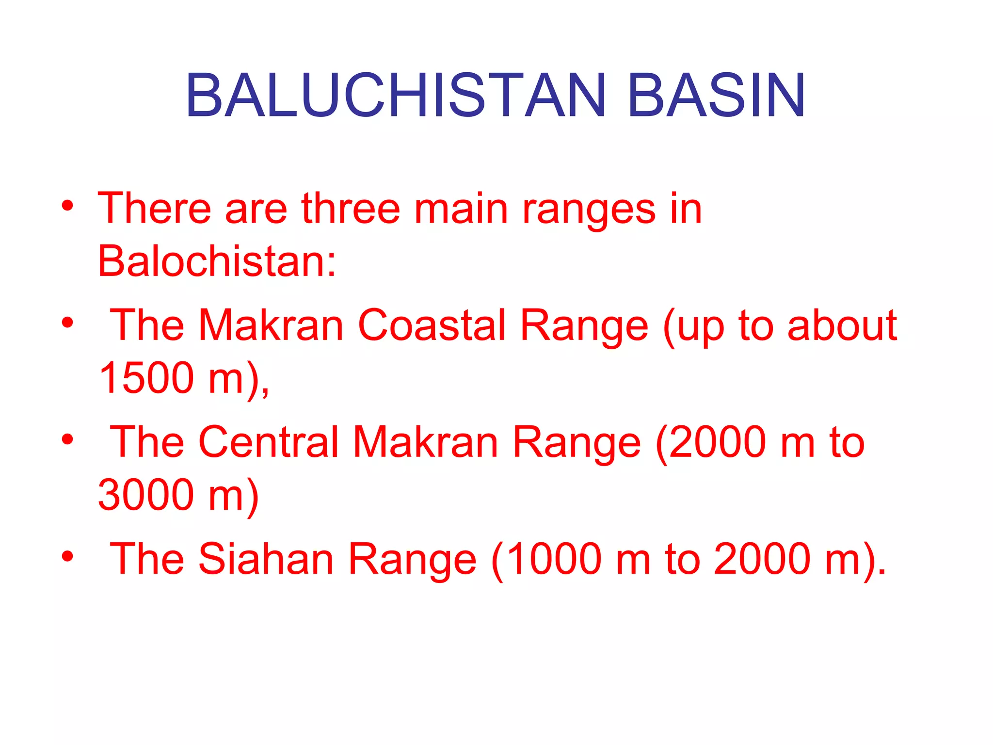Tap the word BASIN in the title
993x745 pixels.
716,96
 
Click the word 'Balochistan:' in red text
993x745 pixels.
217,261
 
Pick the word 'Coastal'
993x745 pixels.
432,325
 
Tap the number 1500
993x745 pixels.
146,378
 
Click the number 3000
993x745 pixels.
146,495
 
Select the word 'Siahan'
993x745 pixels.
266,559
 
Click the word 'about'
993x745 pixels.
842,325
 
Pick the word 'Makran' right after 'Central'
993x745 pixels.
425,442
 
